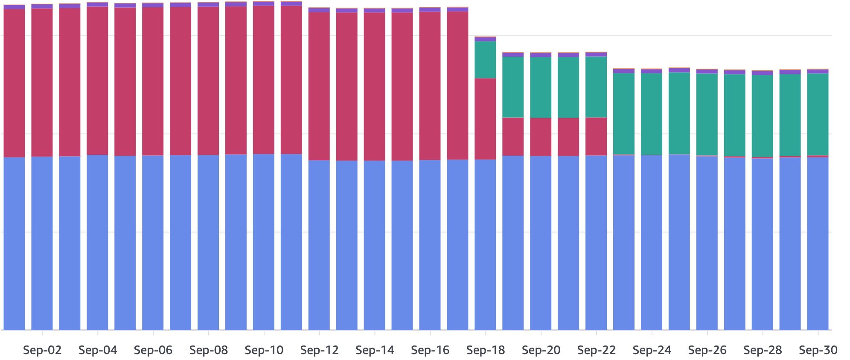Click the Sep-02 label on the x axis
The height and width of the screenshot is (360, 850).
point(42,351)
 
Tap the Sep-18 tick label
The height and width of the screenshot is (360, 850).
point(486,351)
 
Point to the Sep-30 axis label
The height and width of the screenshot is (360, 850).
point(818,351)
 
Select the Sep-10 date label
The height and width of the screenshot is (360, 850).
point(264,351)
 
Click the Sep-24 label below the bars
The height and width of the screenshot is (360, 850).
point(652,351)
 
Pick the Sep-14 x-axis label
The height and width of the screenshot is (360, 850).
point(375,351)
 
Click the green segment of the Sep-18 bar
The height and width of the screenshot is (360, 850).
point(486,60)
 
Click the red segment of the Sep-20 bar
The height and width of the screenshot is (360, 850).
point(541,136)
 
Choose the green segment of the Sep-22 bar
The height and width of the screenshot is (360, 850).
point(596,87)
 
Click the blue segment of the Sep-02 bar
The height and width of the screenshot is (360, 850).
point(42,243)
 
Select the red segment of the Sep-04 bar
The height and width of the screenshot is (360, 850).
point(97,81)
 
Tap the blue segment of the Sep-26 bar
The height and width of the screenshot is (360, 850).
point(707,243)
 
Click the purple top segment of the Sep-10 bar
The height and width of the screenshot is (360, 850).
point(264,3)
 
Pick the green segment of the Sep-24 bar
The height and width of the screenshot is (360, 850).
point(652,114)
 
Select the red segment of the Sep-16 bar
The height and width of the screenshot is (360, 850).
point(430,85)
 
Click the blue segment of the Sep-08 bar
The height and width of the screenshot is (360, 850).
point(208,243)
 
